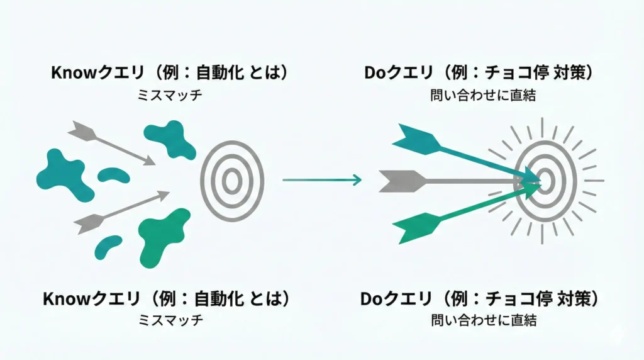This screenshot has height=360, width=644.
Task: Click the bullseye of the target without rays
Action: pyautogui.click(x=231, y=181)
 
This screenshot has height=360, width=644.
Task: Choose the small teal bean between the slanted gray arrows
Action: pyautogui.click(x=113, y=176)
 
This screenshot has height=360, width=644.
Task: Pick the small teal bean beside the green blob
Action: pyautogui.click(x=108, y=247)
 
